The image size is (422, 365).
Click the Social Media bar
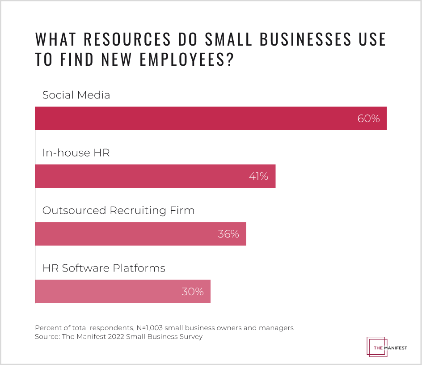[x=211, y=119]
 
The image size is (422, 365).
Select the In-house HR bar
[x=155, y=176]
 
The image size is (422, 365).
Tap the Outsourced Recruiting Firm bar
[x=140, y=234]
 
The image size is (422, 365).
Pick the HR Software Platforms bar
[x=122, y=292]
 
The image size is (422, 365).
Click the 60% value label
[x=368, y=119]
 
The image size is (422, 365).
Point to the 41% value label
[x=258, y=177]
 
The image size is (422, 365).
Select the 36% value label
[x=228, y=234]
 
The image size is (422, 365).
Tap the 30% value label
[x=193, y=292]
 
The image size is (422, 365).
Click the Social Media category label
[x=76, y=95]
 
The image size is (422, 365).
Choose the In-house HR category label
[x=76, y=153]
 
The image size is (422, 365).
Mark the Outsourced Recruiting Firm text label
[x=118, y=210]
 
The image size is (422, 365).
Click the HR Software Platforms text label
[x=104, y=268]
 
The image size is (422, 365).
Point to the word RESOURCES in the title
[x=127, y=39]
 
